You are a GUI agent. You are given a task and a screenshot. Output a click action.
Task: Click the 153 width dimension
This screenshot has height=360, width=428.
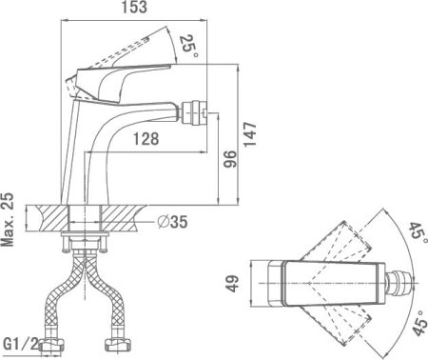point(135,7)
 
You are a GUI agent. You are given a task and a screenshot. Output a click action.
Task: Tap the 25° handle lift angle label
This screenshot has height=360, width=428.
point(189,46)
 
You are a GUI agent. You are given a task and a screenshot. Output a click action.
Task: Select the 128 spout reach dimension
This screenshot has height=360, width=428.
point(146,139)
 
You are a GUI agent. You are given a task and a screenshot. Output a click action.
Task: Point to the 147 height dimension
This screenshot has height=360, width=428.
point(250,134)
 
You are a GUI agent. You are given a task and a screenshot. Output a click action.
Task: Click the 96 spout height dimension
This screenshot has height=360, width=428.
point(230,159)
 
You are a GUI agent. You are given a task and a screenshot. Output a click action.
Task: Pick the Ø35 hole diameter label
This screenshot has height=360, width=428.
point(173,222)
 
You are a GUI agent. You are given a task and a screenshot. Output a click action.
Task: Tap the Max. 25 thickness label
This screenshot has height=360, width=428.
point(8,219)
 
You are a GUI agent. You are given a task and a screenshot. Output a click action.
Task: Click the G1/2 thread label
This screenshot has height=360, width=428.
point(20,344)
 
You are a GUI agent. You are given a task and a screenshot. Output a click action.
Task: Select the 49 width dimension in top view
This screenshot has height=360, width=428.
point(233,284)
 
